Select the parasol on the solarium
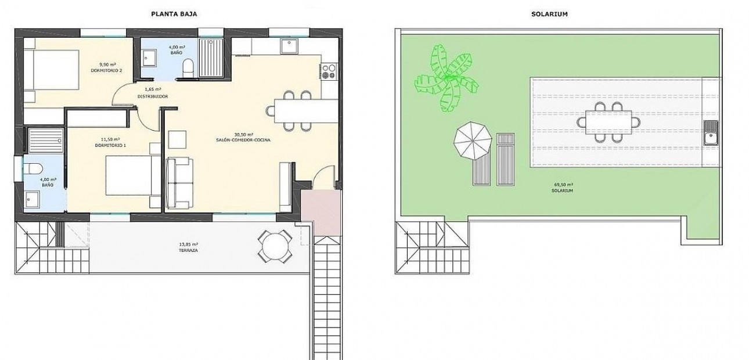tap(471, 141)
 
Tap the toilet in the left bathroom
tap(34, 170)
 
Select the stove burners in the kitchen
tap(329, 71)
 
